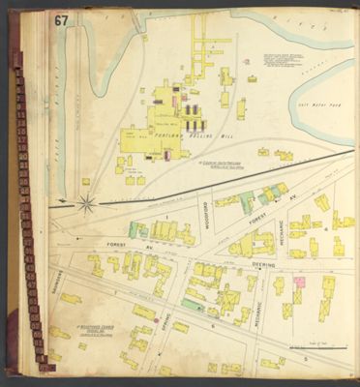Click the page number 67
[x=61, y=20]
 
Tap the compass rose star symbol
[x=86, y=204]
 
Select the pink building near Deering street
[x=300, y=283]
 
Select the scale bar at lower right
[x=316, y=347]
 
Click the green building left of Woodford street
[x=138, y=230]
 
